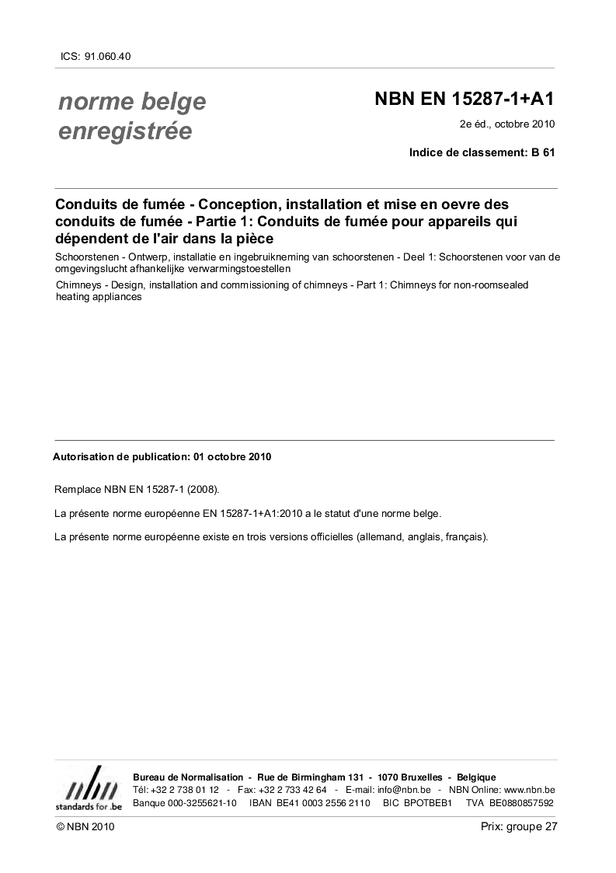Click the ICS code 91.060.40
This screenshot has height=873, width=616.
pos(112,57)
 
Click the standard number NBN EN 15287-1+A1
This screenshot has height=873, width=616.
pos(465,99)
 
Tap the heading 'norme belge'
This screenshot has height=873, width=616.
pos(132,101)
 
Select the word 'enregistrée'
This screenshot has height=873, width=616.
pos(125,131)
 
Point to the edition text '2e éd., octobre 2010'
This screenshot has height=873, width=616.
pos(507,124)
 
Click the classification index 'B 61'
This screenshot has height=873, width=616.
pos(543,152)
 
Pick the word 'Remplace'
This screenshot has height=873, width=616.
pos(78,490)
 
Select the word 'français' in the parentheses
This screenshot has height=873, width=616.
pos(464,537)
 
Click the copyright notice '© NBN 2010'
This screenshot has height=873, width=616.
pos(85,828)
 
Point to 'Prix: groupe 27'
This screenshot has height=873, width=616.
pos(519,827)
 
